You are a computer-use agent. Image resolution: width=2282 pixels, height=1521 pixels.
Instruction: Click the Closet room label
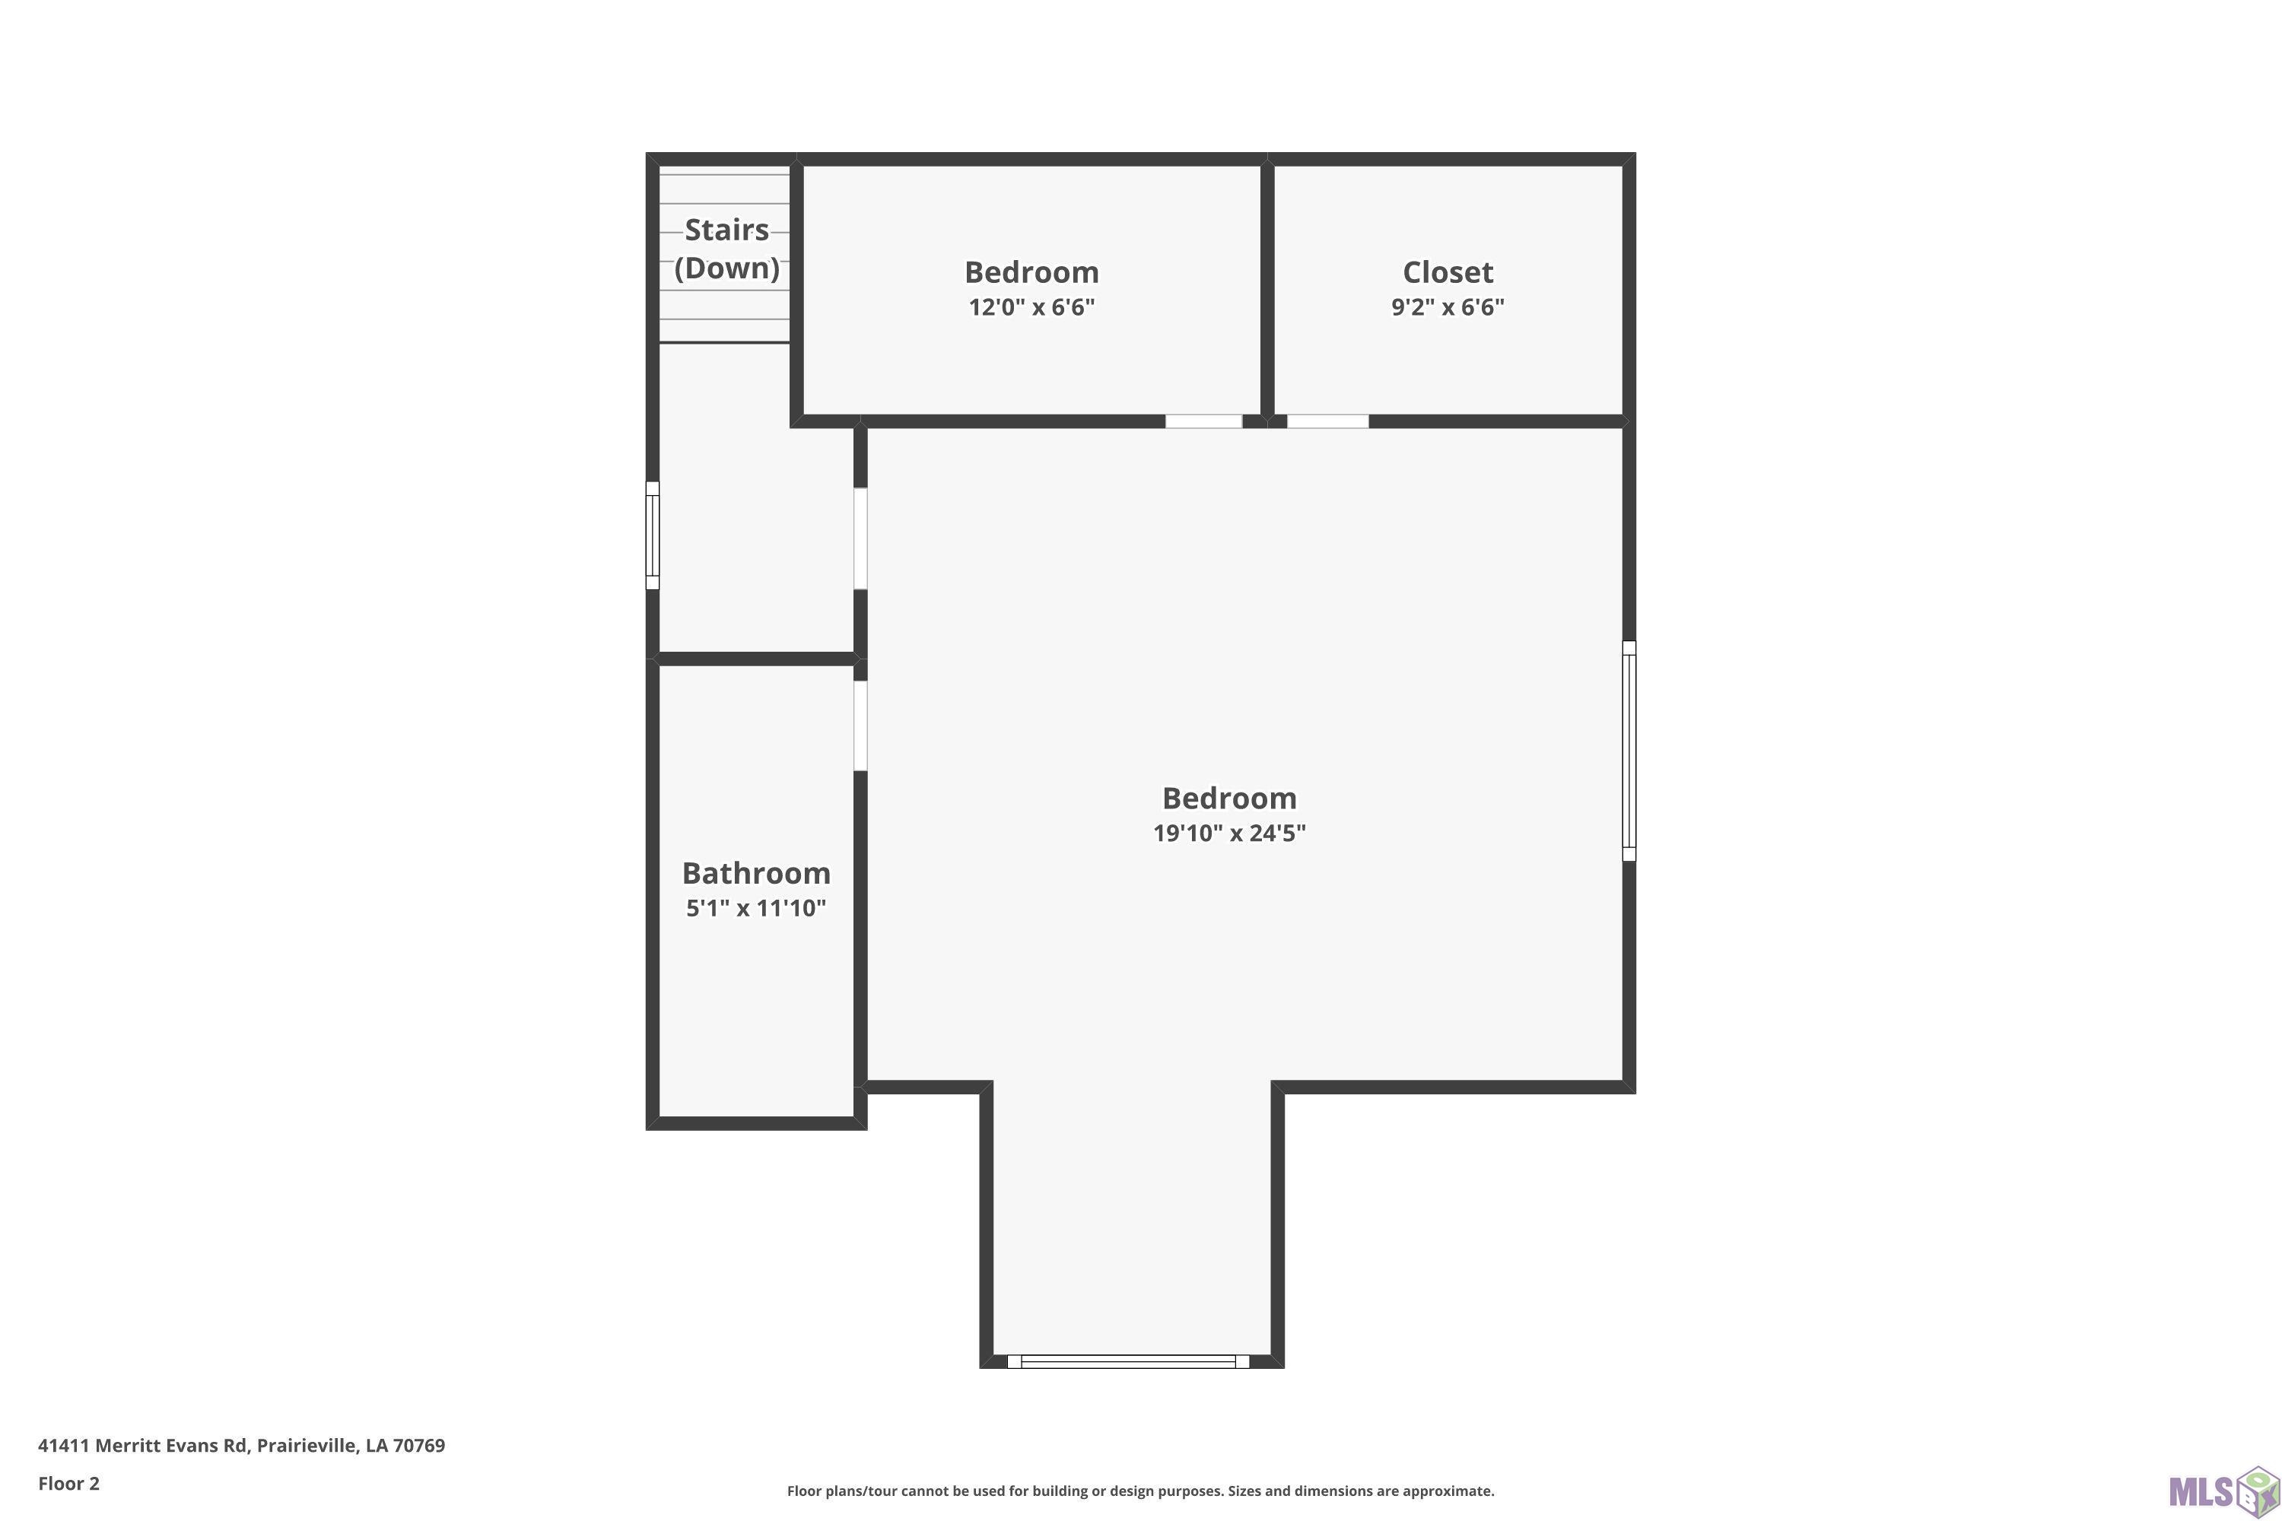pos(1448,271)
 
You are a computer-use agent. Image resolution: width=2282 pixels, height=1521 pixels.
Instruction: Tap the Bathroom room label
pos(756,873)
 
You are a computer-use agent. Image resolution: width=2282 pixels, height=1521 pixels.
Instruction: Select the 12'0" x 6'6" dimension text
pos(1031,306)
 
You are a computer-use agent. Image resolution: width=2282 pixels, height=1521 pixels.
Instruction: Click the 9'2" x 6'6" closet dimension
pos(1448,306)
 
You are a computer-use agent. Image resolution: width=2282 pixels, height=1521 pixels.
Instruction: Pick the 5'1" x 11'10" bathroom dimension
pos(756,908)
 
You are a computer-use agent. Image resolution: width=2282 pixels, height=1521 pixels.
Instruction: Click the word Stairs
pos(726,230)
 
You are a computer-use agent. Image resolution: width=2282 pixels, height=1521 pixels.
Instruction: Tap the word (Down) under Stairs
pos(726,268)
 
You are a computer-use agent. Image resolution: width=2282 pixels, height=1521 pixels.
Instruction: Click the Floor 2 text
pos(69,1483)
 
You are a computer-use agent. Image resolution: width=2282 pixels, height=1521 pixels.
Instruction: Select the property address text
pos(242,1446)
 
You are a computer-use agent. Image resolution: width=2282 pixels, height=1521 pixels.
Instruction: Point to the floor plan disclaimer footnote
pos(1140,1491)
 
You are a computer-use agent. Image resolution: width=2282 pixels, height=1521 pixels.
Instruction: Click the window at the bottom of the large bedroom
pos(1128,1362)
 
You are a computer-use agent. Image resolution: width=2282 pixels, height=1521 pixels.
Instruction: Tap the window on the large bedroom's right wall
pos(1629,751)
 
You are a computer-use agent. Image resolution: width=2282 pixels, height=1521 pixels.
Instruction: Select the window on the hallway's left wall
pos(653,535)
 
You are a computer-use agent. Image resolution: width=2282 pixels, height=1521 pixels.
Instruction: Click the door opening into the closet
pos(1327,421)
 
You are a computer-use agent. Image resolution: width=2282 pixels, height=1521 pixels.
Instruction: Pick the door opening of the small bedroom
pos(1203,421)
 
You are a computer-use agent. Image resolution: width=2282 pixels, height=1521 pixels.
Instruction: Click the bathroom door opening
pos(860,726)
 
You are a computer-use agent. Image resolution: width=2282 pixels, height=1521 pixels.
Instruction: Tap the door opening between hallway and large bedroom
pos(860,538)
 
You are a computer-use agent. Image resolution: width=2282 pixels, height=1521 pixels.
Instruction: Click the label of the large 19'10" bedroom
pos(1229,799)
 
